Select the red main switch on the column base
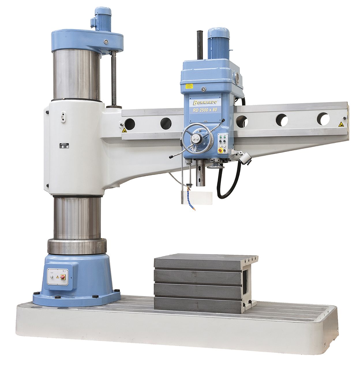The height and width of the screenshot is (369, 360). pos(62,277)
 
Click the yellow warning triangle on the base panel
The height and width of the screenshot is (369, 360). pos(57,277)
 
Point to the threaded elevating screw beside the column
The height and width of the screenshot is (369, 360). pos(114,78)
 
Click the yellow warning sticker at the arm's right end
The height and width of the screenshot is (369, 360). pos(341,125)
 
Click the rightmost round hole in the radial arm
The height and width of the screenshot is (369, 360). pos(323,119)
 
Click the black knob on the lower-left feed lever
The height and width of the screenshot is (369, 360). pos(171,157)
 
